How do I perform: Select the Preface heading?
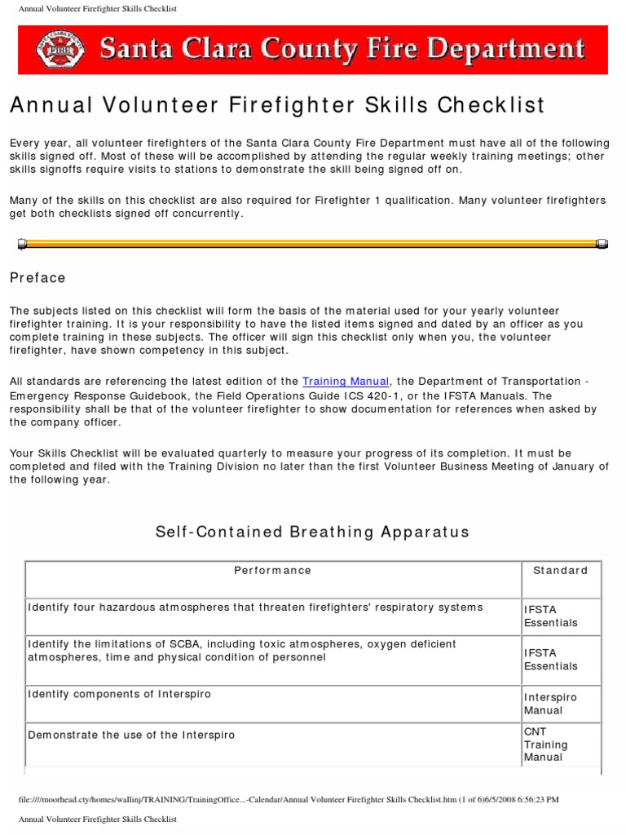click(x=37, y=278)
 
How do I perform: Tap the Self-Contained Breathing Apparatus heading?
click(x=312, y=532)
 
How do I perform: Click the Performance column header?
click(x=272, y=571)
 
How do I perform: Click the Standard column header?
click(x=560, y=571)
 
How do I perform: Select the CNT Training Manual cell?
click(x=546, y=744)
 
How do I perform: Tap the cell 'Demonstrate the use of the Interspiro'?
click(x=131, y=735)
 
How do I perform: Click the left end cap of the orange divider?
click(x=23, y=243)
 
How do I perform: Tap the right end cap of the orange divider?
click(x=602, y=243)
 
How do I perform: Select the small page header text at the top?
click(x=97, y=8)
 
